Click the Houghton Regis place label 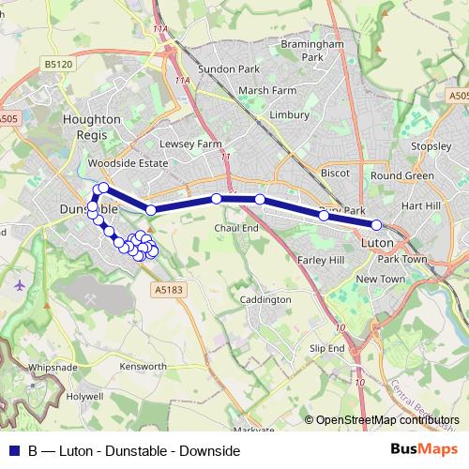tap(91, 127)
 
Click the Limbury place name tap(288, 114)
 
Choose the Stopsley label tap(431, 146)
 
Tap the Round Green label tap(401, 175)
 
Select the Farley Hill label tap(322, 259)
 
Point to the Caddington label tap(265, 299)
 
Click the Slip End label tap(327, 348)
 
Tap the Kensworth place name tap(144, 366)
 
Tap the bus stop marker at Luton tap(377, 225)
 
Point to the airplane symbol tap(21, 283)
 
